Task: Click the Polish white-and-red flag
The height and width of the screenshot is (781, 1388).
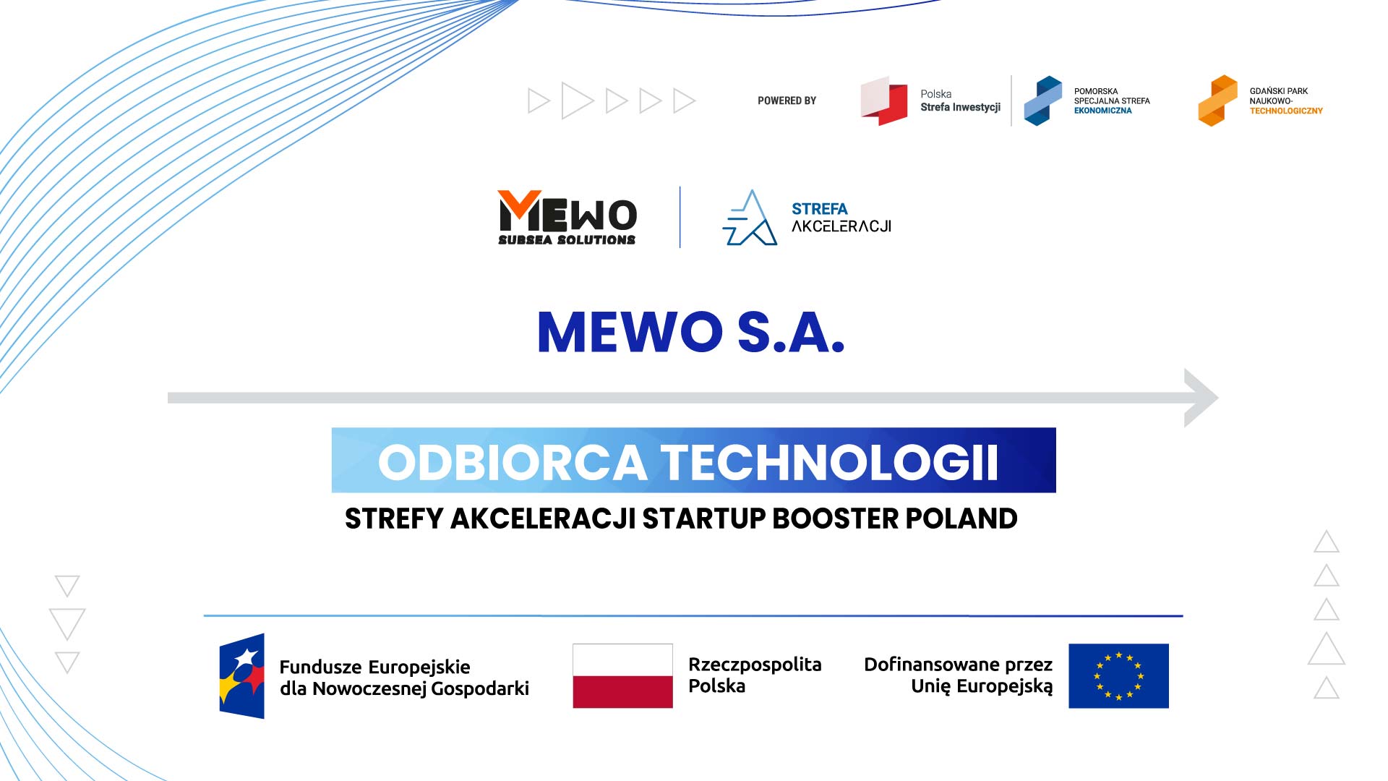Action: point(622,675)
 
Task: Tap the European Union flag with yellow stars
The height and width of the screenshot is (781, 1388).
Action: point(1118,675)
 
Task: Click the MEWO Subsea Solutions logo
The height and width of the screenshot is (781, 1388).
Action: point(567,218)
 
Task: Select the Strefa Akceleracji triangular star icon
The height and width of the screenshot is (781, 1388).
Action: point(750,218)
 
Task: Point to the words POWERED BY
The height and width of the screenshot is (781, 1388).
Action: point(787,101)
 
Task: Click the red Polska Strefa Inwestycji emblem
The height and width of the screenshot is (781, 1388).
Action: point(883,101)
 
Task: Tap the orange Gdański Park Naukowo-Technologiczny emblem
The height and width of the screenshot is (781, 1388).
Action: point(1217,101)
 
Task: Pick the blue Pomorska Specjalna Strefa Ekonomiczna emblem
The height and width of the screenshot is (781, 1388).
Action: point(1042,101)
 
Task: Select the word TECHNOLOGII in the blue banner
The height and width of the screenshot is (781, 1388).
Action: point(830,462)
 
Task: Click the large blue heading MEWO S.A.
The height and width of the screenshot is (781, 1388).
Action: point(691,333)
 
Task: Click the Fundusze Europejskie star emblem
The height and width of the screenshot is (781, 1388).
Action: point(242,676)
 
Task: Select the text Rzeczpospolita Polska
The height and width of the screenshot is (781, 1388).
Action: point(755,675)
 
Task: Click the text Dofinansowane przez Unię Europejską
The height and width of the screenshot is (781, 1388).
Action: point(959,675)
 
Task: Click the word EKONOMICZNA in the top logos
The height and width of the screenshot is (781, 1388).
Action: point(1102,111)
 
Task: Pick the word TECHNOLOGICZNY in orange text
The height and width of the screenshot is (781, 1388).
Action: point(1286,111)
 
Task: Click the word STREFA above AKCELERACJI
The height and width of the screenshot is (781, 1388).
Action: point(819,209)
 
